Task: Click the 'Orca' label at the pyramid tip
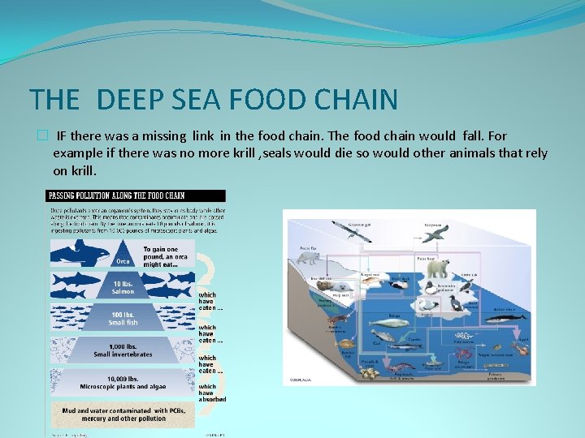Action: pyautogui.click(x=123, y=261)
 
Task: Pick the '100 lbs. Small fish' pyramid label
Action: pyautogui.click(x=123, y=319)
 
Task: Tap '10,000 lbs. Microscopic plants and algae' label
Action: pyautogui.click(x=123, y=382)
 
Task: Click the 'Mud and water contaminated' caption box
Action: pyautogui.click(x=123, y=414)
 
